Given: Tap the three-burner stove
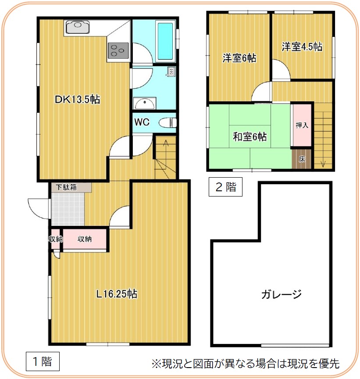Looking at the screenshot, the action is (x=118, y=51).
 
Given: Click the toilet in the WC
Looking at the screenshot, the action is (x=168, y=122).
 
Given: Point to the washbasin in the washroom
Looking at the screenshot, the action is (x=145, y=104).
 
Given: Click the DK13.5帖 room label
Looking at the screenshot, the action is (x=77, y=99).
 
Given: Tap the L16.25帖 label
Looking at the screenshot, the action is (x=117, y=294).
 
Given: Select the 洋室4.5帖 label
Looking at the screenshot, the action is (x=302, y=46).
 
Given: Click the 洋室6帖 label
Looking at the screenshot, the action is (x=239, y=58).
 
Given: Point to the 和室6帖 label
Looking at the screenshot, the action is (x=250, y=136).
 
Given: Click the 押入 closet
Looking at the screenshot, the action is (x=302, y=125).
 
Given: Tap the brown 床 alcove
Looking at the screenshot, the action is (x=302, y=159).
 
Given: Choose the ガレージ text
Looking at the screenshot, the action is (x=282, y=294).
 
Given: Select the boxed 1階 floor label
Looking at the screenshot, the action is (x=43, y=361).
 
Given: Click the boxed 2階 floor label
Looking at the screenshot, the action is (x=225, y=187).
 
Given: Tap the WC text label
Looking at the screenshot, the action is (x=142, y=122).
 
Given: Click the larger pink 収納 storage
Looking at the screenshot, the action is (x=85, y=239).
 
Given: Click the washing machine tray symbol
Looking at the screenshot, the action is (x=171, y=72).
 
